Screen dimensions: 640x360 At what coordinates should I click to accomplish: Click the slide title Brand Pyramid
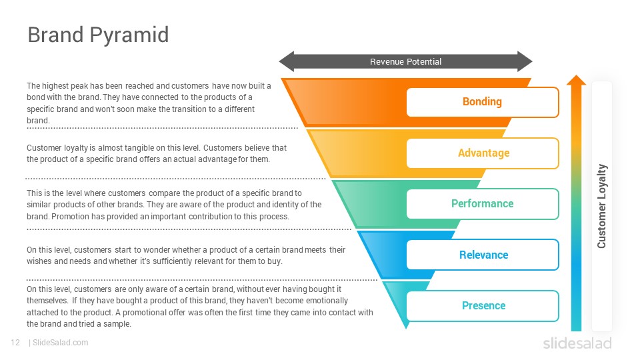[98, 35]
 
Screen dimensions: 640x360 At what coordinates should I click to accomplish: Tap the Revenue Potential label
[406, 61]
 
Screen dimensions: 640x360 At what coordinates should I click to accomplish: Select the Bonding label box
[483, 102]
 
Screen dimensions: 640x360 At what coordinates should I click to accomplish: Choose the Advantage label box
[483, 153]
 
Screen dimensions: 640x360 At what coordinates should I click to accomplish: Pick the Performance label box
[483, 204]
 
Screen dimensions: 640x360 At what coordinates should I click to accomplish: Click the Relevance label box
[483, 255]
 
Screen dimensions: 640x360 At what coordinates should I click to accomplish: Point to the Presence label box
[483, 306]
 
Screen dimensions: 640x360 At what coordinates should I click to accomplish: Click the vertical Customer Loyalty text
[601, 206]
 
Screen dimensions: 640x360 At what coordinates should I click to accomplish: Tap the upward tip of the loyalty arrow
[576, 75]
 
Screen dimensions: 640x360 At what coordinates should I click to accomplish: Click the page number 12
[15, 343]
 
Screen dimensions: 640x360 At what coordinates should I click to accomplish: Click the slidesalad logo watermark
[577, 343]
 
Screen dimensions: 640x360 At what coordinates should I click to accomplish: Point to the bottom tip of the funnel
[406, 328]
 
